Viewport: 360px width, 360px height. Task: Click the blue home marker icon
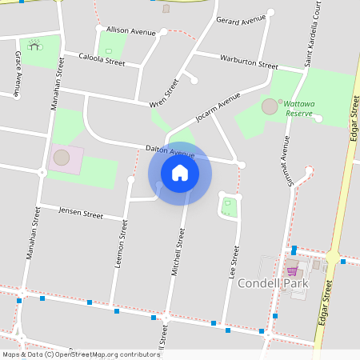tap(179, 172)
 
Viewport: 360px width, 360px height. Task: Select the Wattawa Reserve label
tap(300, 109)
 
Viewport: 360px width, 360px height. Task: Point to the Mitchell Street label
tap(178, 252)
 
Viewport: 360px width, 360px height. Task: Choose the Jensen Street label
tap(81, 214)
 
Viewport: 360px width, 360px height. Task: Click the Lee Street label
tap(234, 261)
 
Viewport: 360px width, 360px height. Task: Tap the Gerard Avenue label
tap(240, 20)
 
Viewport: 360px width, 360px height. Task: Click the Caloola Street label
tap(102, 58)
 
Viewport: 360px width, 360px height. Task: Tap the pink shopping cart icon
tap(292, 271)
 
